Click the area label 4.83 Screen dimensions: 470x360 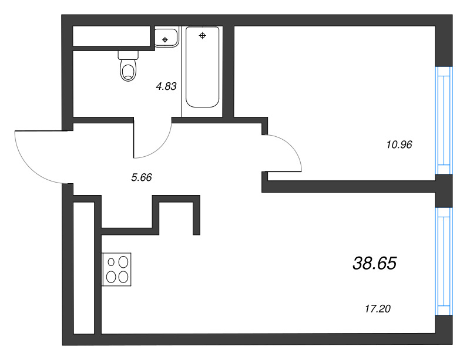point(166,86)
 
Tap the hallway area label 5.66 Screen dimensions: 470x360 point(142,177)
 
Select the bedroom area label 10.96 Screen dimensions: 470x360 point(399,145)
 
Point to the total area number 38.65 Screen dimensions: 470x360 point(375,264)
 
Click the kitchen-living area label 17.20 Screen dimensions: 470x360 point(378,309)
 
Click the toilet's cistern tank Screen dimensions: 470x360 point(128,55)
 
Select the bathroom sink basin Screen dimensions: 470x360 point(166,38)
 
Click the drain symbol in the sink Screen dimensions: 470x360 point(165,39)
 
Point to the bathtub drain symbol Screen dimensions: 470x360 point(202,36)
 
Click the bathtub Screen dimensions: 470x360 point(202,67)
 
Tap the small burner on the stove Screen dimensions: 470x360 point(111,262)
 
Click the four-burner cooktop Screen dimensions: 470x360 point(116,269)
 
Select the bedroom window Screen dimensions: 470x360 point(444,120)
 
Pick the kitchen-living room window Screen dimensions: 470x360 point(444,261)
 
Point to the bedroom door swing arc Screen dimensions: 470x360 point(290,147)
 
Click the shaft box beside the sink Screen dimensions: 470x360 point(112,36)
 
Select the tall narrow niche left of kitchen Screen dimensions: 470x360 point(84,268)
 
